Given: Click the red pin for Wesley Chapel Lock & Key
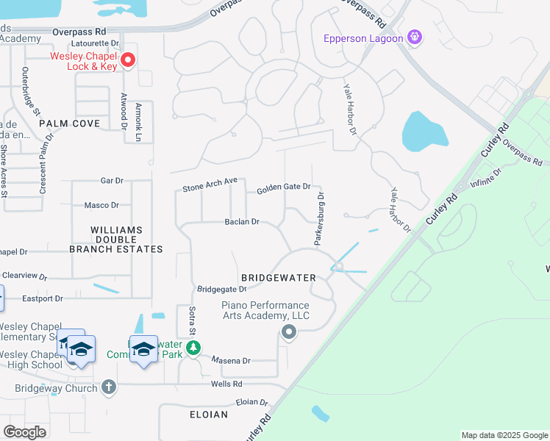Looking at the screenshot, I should (128, 60).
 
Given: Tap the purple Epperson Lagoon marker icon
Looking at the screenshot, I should (415, 36).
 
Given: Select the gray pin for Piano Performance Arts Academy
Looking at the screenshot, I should (289, 333).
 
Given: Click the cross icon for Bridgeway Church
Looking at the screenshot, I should (109, 387).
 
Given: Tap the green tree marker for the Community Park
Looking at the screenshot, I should (193, 348).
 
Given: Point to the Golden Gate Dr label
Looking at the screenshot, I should (283, 188).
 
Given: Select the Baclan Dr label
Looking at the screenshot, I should (242, 221).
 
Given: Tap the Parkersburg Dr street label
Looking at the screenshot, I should (320, 218).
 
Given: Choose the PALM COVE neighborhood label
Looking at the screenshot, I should (69, 123).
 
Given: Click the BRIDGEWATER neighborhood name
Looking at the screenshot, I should (279, 278).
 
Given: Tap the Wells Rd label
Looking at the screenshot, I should (227, 384).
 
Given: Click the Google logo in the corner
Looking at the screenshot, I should (24, 431).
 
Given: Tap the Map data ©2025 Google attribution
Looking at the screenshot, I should (504, 435).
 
